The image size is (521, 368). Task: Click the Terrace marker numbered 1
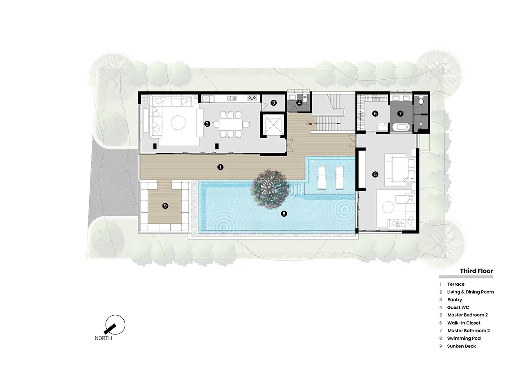coord(220,167)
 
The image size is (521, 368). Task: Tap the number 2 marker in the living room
coord(207,124)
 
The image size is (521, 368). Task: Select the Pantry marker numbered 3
coord(273,103)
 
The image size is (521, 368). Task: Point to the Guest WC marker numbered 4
coord(299,103)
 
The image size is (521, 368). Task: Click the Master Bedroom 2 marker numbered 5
coord(375,175)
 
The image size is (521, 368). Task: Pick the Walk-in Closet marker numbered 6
coord(375,114)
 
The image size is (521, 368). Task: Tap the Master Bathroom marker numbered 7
coord(400,114)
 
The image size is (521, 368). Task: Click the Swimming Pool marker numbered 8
coord(284,214)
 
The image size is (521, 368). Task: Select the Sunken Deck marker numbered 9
coord(165,206)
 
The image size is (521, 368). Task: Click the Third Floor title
coord(476,271)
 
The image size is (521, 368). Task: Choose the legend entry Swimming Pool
coord(464,338)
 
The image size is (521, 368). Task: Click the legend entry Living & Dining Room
coord(470,292)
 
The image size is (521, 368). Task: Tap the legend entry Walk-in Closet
coord(464,323)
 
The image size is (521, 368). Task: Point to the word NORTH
coord(103,338)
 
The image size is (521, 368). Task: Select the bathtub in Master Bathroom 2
coord(401,127)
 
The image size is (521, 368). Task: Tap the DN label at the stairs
coord(309,124)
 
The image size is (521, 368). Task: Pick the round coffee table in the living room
coord(178,122)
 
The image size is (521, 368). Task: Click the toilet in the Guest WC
coord(305,99)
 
